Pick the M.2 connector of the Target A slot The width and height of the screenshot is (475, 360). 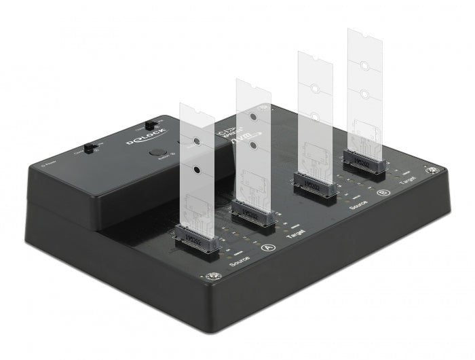click(x=252, y=213)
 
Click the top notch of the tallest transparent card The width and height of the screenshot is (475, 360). click(x=365, y=33)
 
